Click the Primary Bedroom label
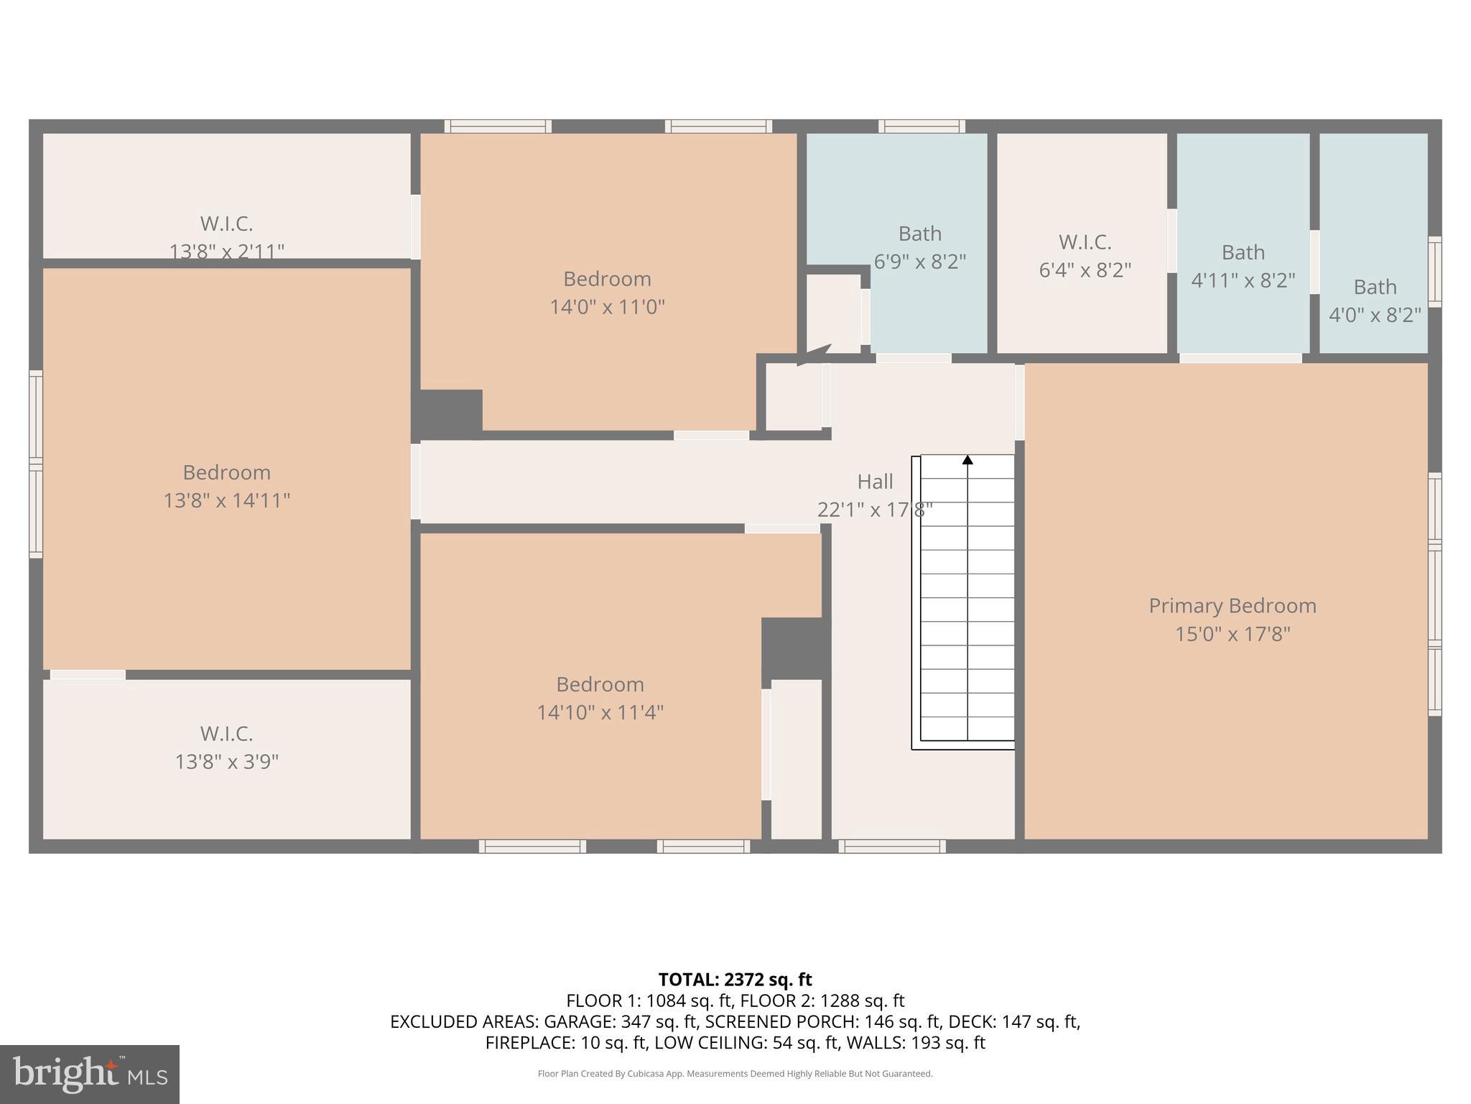(x=1233, y=606)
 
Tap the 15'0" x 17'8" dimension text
(x=1233, y=634)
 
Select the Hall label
(x=875, y=482)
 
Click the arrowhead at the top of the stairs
(x=967, y=459)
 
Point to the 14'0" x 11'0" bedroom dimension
(x=608, y=307)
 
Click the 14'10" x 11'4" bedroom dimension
(x=600, y=712)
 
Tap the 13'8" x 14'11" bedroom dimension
(x=227, y=500)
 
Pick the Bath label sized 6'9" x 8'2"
(x=920, y=234)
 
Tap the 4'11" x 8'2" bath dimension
(x=1243, y=280)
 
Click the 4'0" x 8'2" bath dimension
(x=1375, y=315)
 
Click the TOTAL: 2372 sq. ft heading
(x=735, y=980)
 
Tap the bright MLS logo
(x=90, y=1075)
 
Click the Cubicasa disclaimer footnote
(x=735, y=1074)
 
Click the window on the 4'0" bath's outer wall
(x=1434, y=272)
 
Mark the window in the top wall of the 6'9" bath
(x=922, y=126)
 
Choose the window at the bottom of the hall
(x=892, y=846)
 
